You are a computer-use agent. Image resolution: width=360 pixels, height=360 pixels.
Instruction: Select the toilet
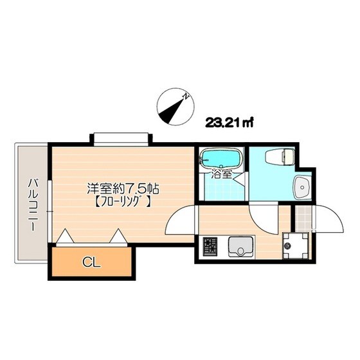pyautogui.click(x=279, y=156)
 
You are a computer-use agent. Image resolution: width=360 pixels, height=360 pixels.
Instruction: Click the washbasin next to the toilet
pyautogui.click(x=301, y=187)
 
